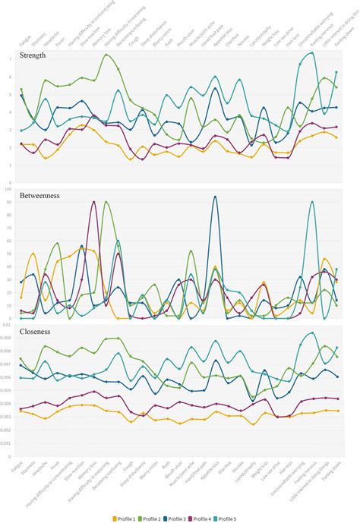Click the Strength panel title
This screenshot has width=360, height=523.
33,55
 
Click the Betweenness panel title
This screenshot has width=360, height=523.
40,195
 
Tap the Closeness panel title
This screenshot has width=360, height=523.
36,332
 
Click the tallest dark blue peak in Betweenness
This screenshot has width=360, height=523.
215,197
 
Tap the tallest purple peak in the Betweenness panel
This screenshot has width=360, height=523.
93,202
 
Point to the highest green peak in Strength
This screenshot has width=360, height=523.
106,55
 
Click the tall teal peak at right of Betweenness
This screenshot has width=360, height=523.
312,202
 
